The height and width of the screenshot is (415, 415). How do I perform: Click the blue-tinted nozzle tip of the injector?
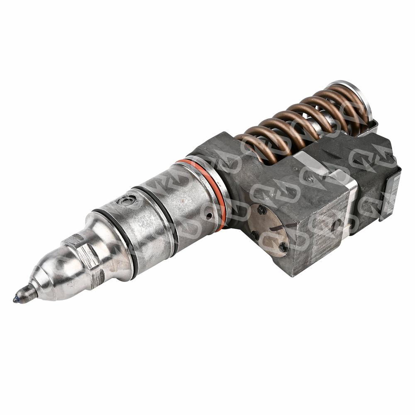pos(17,299)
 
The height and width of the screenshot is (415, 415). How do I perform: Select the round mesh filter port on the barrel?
pos(126,201)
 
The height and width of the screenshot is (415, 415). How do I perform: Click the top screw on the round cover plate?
pos(262,210)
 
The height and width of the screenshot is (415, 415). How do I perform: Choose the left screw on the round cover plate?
pos(254,235)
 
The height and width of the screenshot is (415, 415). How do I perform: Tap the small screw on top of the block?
pos(309,178)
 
